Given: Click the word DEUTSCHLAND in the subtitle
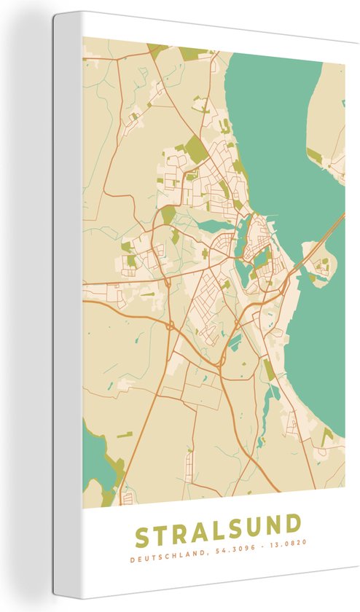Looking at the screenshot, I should [162, 560].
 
